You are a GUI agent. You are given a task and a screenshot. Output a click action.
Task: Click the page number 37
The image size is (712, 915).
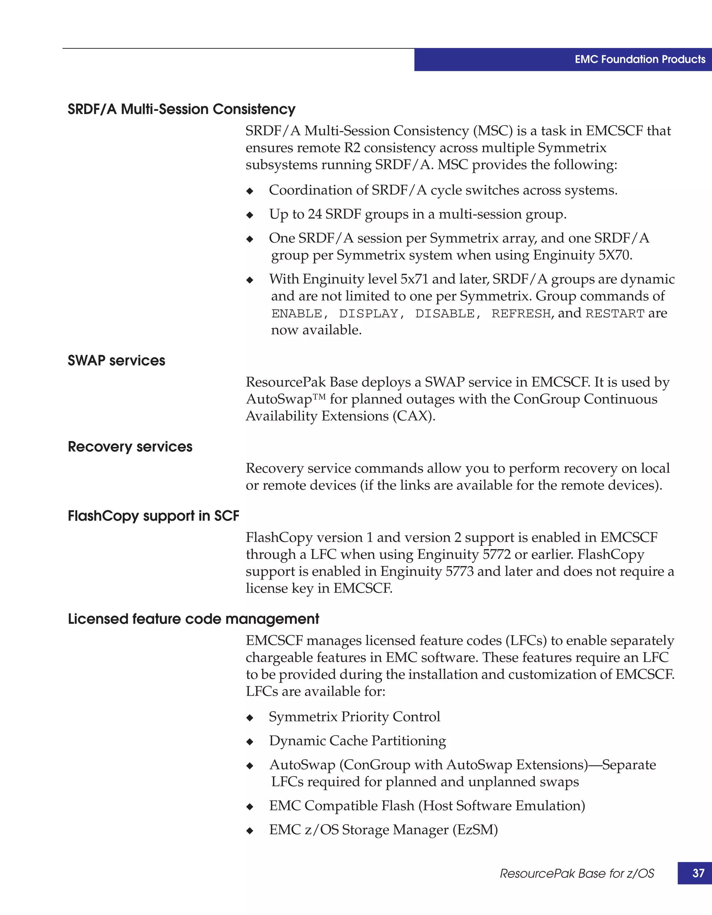pos(698,873)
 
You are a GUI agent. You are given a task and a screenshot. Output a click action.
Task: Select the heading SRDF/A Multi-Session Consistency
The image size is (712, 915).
pos(181,109)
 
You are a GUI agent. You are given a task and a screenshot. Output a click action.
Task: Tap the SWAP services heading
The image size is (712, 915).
pos(116,361)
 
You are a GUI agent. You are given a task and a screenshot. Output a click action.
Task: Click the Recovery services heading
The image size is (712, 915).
pos(130,447)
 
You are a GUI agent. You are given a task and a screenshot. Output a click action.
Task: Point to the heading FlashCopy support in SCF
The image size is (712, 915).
pos(153,516)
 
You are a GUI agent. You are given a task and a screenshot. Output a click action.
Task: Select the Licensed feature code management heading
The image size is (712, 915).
pos(193,619)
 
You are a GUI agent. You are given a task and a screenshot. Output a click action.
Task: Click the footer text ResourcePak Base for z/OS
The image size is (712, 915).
pos(577,874)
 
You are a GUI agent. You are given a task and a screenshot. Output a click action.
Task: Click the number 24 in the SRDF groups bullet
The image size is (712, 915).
pos(315,214)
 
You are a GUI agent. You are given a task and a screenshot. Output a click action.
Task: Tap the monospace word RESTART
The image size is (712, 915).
pos(615,314)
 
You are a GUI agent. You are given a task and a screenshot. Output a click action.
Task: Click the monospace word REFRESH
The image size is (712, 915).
pos(521,314)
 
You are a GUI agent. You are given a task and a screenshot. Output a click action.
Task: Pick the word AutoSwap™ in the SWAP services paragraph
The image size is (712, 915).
pos(286,399)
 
